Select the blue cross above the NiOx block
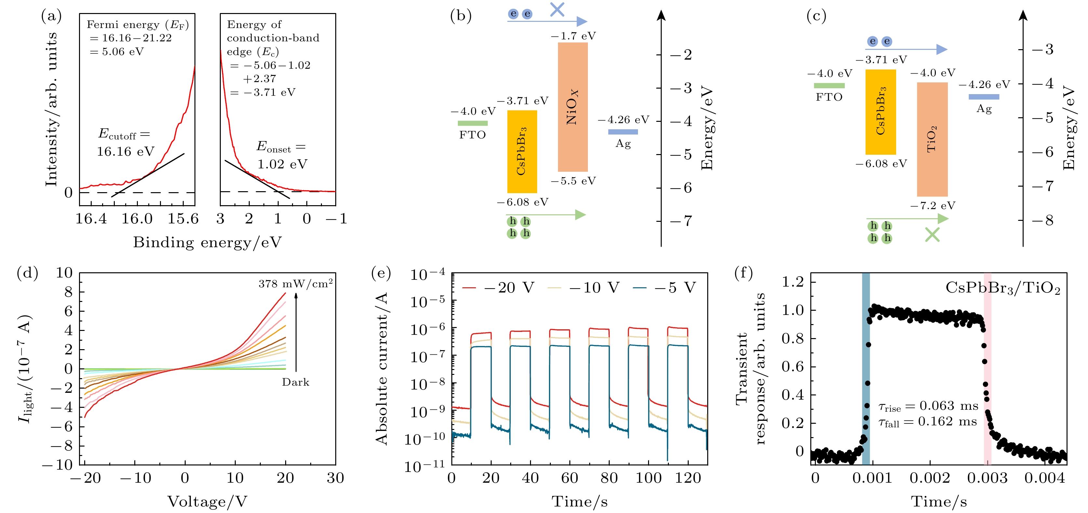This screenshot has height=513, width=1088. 557,9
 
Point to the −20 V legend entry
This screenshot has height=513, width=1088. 498,288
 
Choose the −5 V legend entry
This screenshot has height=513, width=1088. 665,288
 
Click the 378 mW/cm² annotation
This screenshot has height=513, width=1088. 295,284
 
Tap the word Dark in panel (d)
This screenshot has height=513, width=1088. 295,382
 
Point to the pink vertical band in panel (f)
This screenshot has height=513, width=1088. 987,368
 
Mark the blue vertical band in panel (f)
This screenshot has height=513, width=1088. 865,368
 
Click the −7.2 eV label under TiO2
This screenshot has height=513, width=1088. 932,206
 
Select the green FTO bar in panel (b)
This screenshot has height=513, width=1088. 472,123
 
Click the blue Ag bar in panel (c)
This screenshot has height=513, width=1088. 984,97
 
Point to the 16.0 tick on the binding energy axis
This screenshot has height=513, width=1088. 137,219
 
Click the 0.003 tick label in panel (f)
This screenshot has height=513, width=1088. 987,478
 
